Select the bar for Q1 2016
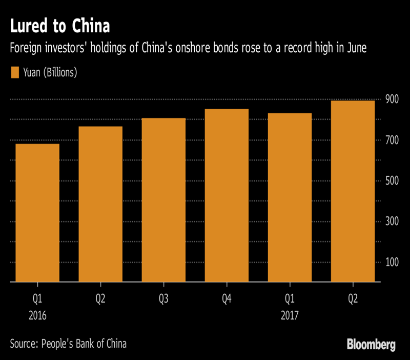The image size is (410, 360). tap(37, 213)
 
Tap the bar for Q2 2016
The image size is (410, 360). tap(100, 204)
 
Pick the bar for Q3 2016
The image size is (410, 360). tap(163, 200)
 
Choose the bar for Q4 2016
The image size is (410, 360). tap(227, 195)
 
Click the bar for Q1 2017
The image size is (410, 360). tap(290, 197)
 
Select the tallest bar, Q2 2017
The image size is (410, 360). tap(353, 191)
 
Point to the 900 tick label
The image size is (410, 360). tap(392, 99)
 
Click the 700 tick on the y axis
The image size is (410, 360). tap(392, 140)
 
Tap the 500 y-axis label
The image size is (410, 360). tap(392, 181)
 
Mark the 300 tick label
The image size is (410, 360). tap(392, 222)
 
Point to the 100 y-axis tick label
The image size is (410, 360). tap(392, 262)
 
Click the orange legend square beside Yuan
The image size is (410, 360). tap(15, 72)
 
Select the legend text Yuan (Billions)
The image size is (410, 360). tap(50, 72)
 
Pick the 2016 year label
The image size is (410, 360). tap(37, 315)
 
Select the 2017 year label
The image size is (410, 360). tap(290, 315)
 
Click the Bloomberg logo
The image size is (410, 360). tap(371, 344)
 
